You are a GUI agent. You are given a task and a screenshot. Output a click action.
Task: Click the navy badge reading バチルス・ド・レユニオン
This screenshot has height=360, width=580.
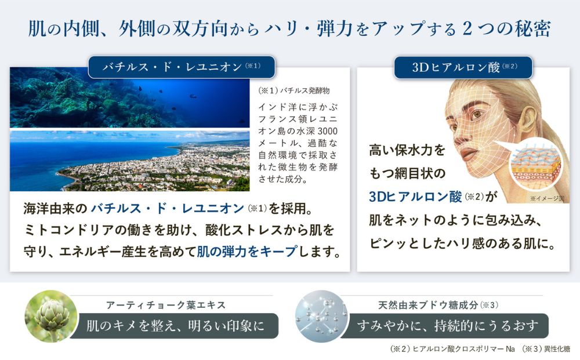182,67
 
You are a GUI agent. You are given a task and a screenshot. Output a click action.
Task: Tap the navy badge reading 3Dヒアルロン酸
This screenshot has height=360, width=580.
463,67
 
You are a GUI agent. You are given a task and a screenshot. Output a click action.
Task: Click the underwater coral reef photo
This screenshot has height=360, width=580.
129,97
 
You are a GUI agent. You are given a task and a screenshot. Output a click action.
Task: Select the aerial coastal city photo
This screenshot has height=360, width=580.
129,161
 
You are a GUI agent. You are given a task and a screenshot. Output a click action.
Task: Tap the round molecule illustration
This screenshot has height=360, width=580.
322,317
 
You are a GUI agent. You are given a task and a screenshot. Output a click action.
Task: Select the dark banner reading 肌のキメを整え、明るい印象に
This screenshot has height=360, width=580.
175,326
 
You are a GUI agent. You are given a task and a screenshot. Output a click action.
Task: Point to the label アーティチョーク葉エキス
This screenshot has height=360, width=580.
166,305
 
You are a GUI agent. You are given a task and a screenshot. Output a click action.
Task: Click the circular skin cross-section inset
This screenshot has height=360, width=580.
535,167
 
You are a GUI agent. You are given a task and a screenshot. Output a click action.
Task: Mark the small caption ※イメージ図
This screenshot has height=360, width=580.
547,198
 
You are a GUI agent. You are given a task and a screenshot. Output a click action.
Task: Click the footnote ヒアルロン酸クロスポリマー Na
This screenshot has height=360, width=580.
463,349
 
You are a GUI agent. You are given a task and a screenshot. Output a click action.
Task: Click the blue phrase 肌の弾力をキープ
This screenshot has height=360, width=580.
246,252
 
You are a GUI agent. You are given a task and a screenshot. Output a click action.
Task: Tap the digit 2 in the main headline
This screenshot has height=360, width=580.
467,29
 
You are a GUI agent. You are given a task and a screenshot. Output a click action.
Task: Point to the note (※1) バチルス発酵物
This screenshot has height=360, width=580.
294,90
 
